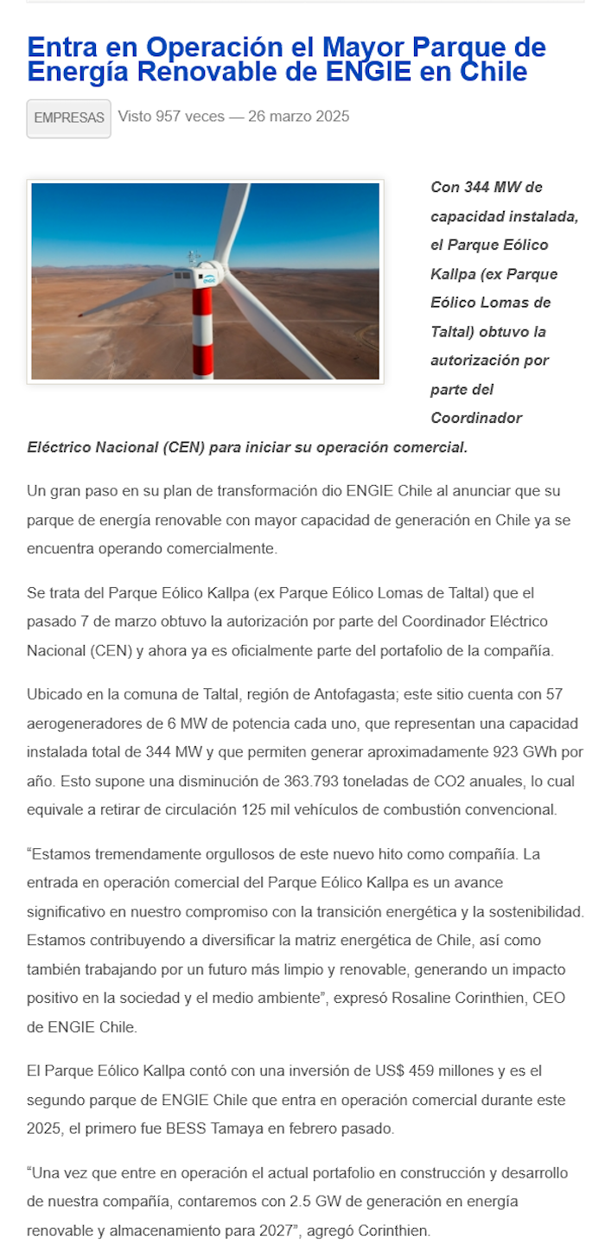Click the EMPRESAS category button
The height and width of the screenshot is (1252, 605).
coord(68,118)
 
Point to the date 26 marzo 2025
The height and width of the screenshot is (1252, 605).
coord(298,117)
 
